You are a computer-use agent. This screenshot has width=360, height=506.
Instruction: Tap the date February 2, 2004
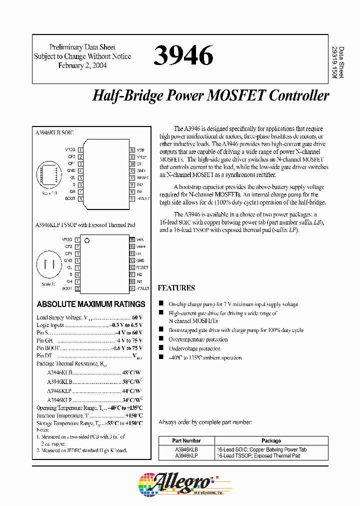82,65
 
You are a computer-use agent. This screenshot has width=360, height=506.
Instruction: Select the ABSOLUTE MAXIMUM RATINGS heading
91,304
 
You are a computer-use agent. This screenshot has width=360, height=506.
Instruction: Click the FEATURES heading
176,288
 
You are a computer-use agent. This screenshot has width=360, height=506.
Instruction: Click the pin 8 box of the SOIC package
80,198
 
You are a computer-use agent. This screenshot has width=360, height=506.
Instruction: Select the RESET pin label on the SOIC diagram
142,177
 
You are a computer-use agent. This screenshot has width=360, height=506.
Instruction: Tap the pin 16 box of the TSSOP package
132,240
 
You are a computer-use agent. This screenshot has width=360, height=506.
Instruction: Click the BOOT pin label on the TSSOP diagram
67,288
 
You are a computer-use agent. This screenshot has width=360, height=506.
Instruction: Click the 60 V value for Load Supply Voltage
137,317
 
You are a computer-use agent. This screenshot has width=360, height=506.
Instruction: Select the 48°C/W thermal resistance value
132,372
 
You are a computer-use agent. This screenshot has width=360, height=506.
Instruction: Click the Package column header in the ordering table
271,441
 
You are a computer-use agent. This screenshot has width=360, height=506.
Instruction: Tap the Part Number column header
186,441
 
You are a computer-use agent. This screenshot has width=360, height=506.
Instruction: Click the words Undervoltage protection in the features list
194,348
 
